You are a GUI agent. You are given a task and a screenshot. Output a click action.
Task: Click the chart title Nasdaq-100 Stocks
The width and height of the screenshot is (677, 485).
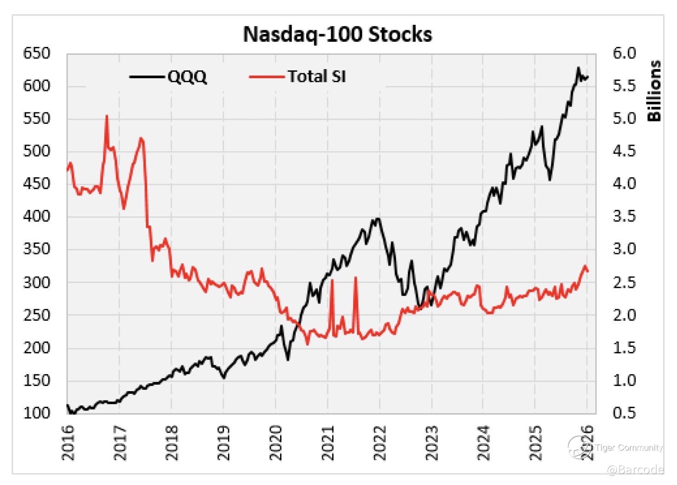[337, 35]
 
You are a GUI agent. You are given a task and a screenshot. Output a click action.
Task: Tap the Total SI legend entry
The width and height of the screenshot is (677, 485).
[316, 76]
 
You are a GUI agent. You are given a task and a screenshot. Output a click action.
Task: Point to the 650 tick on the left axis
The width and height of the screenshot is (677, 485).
[36, 53]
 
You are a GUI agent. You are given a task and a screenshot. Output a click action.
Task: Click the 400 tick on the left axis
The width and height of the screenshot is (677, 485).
[36, 216]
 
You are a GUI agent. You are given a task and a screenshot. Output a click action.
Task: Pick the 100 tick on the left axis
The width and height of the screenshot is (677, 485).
[36, 413]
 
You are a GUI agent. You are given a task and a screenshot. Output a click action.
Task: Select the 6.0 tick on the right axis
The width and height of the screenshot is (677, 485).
[625, 53]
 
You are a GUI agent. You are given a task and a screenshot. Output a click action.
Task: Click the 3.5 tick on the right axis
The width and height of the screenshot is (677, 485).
[625, 216]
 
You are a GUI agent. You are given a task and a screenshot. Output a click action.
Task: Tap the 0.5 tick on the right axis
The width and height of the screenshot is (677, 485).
[625, 413]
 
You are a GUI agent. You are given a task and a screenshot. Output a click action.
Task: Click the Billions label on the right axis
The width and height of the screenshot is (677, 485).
[654, 91]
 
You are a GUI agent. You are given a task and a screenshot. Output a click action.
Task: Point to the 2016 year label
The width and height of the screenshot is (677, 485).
[68, 442]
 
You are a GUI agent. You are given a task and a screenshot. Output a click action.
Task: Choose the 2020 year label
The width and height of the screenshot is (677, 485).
[276, 442]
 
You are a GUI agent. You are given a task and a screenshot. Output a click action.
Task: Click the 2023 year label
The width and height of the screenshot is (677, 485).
[432, 442]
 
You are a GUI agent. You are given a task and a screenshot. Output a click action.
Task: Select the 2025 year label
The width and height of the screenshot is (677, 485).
[536, 442]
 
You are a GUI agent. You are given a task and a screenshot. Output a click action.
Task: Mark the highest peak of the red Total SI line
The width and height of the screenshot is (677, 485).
[107, 116]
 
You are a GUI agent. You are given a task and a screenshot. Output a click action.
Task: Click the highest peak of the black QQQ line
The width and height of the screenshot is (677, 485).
[579, 68]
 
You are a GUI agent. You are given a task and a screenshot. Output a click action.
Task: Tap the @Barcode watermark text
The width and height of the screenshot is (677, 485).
[635, 470]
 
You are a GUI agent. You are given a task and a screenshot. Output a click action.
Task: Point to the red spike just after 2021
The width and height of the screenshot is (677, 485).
[332, 280]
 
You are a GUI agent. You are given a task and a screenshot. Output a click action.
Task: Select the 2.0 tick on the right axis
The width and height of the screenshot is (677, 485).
[625, 315]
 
